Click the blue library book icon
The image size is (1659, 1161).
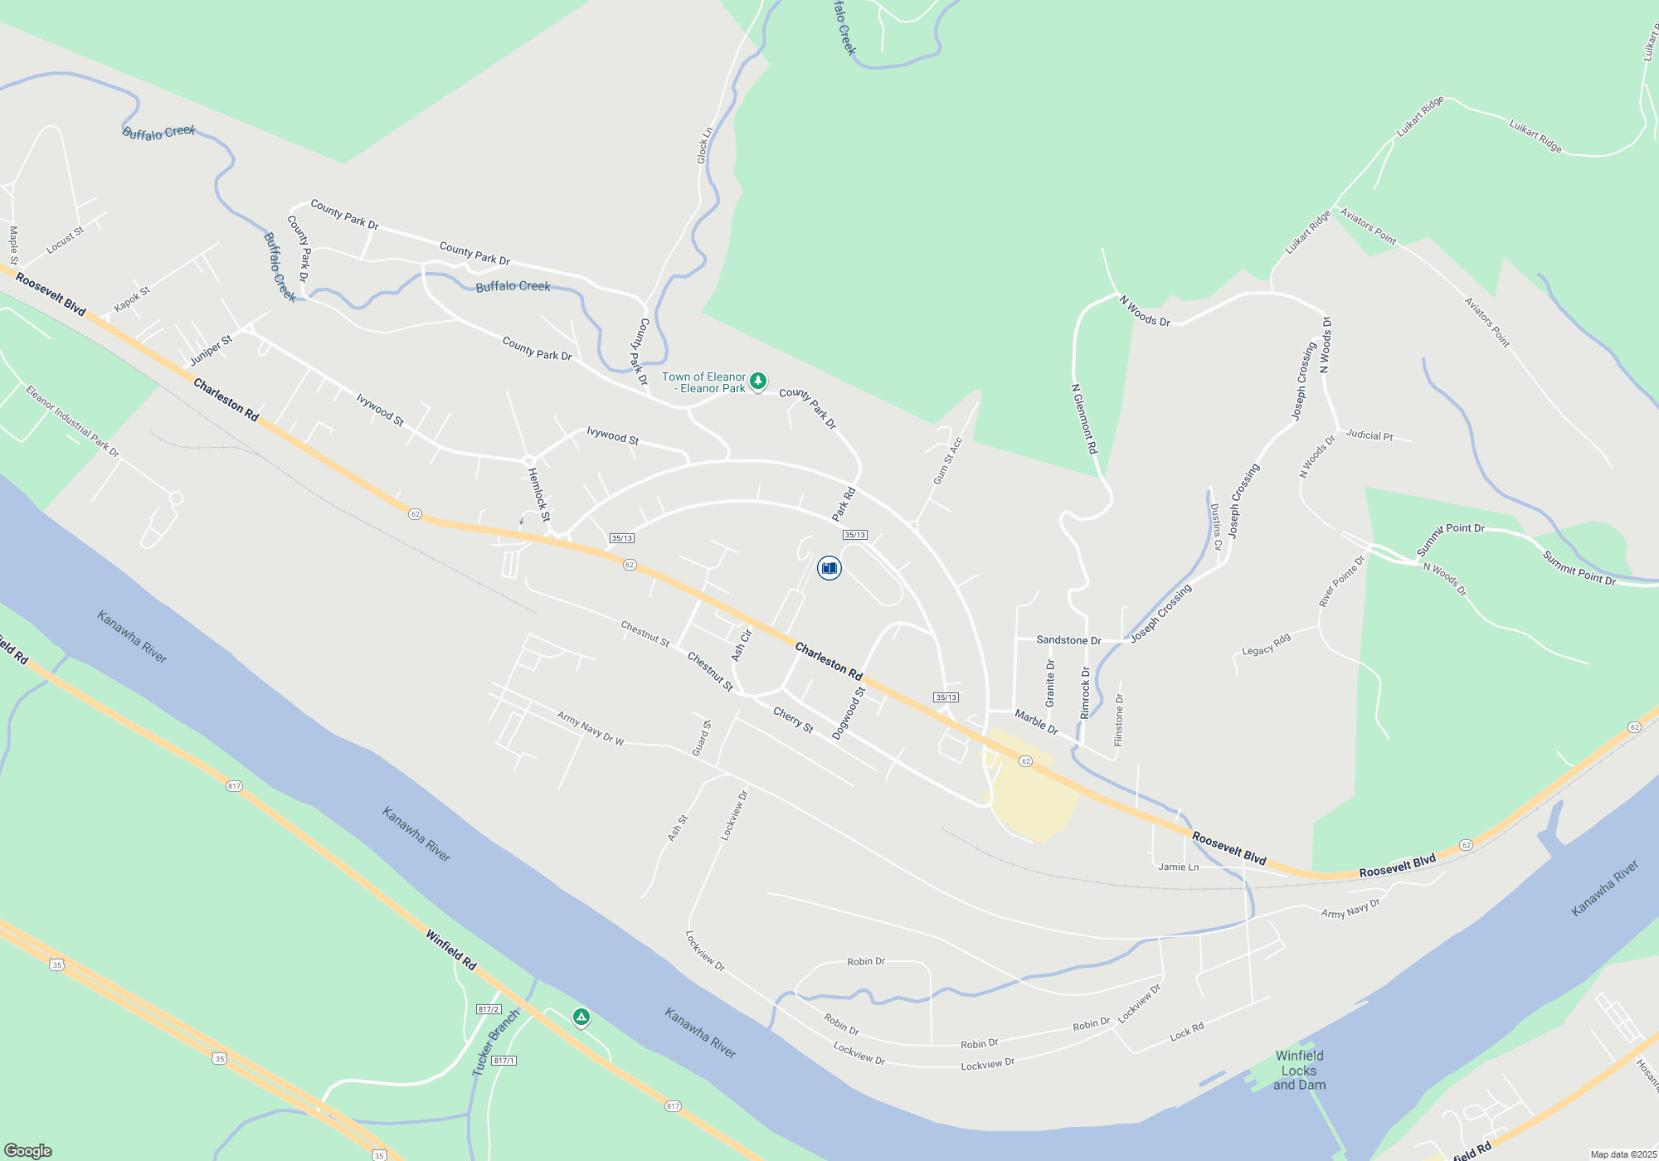[x=829, y=568]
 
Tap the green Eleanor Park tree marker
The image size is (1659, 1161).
[x=757, y=381]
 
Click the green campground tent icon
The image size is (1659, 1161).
[x=581, y=1017]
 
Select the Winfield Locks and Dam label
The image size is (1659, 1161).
[x=1299, y=1070]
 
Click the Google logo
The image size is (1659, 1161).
[x=28, y=1150]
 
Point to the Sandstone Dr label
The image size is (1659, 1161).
[x=1068, y=640]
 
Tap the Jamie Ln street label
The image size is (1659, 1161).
[x=1178, y=867]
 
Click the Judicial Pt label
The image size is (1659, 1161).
[x=1369, y=435]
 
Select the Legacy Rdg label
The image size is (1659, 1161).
[x=1266, y=645]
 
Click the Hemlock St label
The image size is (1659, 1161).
[x=538, y=494]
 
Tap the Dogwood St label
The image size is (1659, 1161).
[x=849, y=713]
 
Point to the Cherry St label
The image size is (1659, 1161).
[x=793, y=720]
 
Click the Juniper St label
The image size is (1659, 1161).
[x=211, y=351]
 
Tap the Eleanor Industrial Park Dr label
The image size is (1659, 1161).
[x=72, y=421]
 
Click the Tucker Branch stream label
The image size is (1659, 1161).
[x=495, y=1043]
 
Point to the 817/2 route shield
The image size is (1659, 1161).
[x=489, y=1009]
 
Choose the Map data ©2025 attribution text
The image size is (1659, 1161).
[x=1623, y=1154]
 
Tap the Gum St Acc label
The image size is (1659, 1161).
[x=947, y=461]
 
